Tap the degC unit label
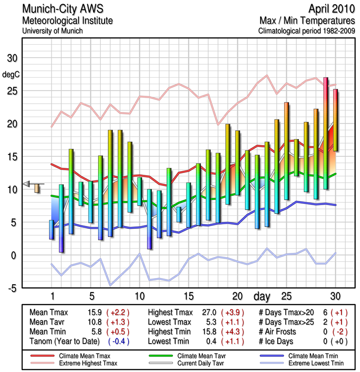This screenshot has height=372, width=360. [x=11, y=74]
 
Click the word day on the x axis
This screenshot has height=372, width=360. [x=262, y=296]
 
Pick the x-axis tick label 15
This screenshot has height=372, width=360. [x=189, y=296]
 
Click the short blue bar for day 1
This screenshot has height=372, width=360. [x=52, y=230]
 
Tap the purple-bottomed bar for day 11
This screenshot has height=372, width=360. [x=150, y=219]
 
